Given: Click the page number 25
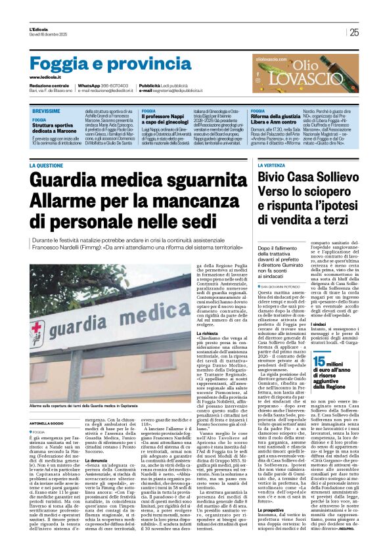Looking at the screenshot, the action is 354,32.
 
